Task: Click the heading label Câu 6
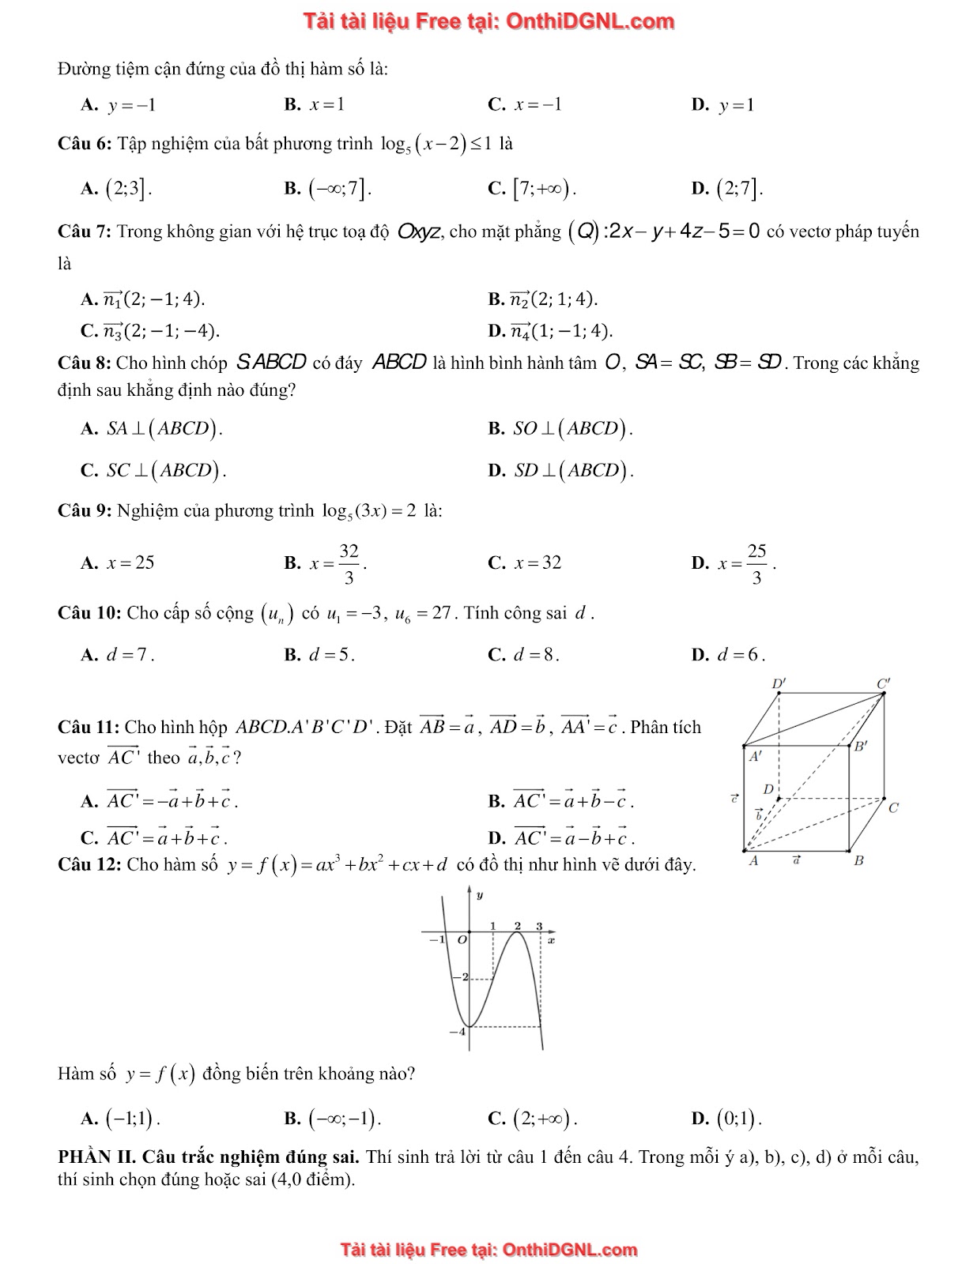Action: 85,144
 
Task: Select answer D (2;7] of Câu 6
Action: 738,188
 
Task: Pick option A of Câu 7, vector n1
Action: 153,299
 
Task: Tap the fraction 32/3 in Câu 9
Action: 349,563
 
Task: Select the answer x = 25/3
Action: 746,563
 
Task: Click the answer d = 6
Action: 740,654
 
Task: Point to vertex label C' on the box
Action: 883,683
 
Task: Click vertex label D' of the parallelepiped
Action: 779,683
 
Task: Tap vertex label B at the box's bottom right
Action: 858,861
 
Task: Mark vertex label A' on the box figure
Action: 756,756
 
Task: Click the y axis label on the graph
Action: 480,895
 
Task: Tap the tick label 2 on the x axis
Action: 518,926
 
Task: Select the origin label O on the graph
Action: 462,940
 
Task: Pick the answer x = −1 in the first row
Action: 537,104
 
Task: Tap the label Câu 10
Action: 89,613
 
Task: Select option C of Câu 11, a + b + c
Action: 166,837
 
